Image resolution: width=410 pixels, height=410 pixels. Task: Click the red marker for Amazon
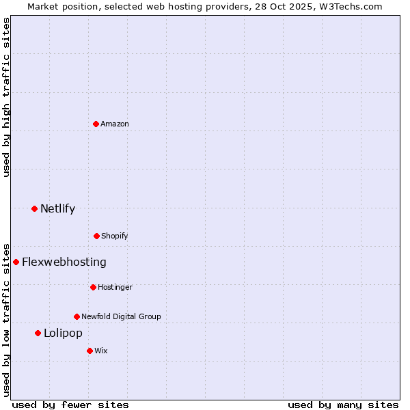(x=96, y=124)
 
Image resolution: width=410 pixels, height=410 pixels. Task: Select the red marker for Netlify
(x=34, y=208)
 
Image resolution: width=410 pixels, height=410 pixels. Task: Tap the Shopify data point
(x=96, y=236)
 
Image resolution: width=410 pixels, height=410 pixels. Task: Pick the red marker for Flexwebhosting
(x=16, y=262)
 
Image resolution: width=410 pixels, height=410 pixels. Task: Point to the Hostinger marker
(x=93, y=287)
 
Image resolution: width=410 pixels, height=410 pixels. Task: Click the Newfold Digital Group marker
(x=77, y=316)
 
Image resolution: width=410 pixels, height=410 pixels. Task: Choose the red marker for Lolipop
(x=38, y=333)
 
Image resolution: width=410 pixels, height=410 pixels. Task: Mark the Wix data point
(x=90, y=351)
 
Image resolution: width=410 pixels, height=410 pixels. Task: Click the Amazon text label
(x=115, y=124)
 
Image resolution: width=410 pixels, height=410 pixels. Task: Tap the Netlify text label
(x=57, y=208)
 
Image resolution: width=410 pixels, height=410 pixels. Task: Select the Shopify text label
(x=115, y=236)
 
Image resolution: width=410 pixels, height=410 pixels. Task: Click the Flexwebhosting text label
(x=64, y=262)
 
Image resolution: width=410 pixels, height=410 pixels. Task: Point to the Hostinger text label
(x=115, y=287)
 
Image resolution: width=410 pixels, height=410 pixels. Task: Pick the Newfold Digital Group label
(x=121, y=316)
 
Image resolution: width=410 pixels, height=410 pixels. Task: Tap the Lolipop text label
(x=63, y=333)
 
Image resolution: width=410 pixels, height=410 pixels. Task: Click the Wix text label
(x=101, y=351)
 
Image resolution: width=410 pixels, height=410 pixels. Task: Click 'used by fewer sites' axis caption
(x=70, y=405)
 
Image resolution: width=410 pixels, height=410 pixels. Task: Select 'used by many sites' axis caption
(x=343, y=405)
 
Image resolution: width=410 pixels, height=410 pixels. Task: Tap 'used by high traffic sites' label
(x=6, y=97)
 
